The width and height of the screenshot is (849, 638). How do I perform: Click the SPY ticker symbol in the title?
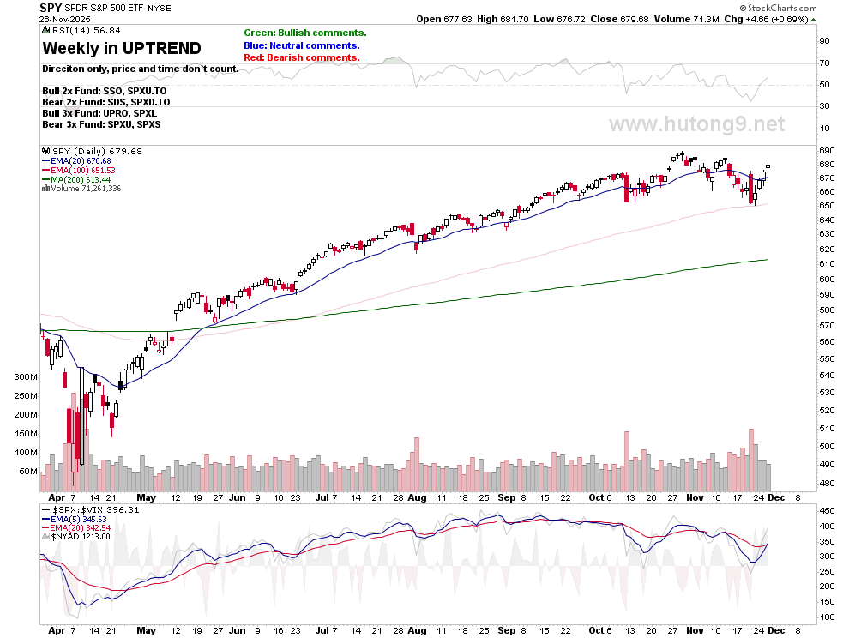(51, 7)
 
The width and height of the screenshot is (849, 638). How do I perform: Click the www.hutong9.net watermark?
(696, 124)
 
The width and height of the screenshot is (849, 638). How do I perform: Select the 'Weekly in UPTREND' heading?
(122, 48)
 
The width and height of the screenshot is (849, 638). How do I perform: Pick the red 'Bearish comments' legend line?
(301, 57)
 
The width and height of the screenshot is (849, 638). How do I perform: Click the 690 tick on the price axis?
(827, 151)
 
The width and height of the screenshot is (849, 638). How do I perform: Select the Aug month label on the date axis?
(416, 497)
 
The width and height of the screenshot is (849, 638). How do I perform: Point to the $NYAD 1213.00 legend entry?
(81, 536)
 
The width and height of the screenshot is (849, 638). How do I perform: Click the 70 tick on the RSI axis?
(823, 63)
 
